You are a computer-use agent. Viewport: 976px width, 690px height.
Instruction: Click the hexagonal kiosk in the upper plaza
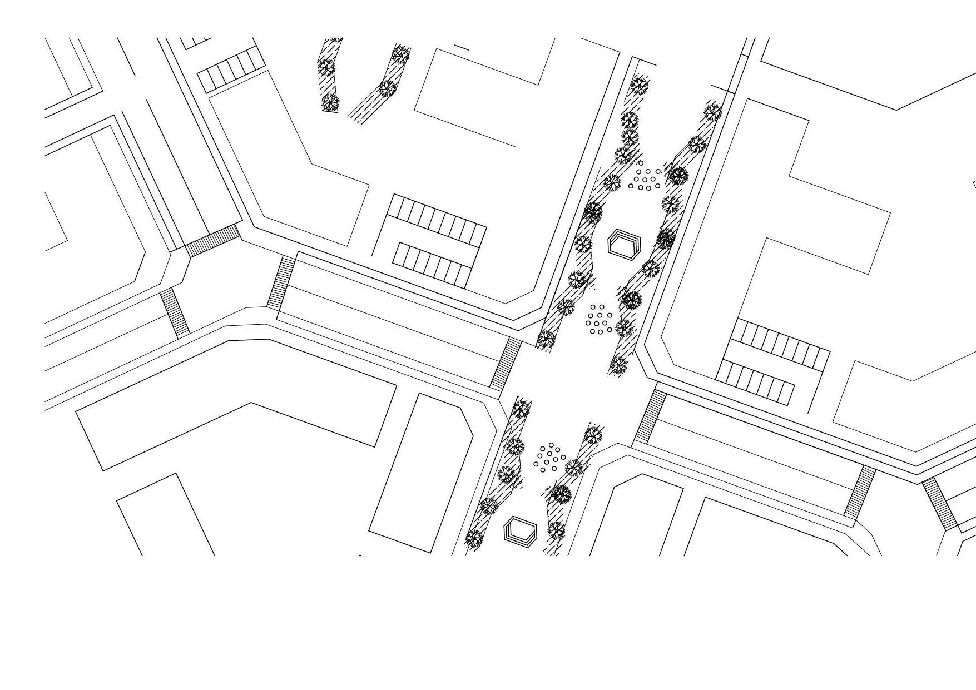pos(624,244)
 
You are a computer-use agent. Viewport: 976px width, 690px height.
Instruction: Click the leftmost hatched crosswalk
pos(175,312)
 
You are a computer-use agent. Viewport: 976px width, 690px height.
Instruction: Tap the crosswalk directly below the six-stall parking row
pos(212,241)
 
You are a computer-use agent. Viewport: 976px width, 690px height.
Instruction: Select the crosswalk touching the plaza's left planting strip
pos(506,363)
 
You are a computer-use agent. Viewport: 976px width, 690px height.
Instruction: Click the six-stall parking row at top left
pos(231,71)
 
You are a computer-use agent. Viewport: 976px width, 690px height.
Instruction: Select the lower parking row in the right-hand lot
pos(755,381)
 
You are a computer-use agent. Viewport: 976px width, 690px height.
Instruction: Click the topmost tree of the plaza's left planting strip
pos(639,86)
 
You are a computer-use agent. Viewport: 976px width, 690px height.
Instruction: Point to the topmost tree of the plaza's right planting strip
pos(712,112)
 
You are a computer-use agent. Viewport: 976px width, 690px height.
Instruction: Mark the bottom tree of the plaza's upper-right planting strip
pos(618,364)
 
